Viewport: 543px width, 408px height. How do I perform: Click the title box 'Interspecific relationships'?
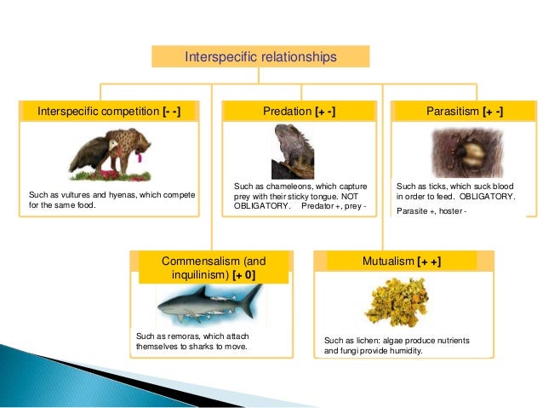click(x=260, y=57)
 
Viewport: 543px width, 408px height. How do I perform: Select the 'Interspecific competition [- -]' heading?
click(x=109, y=112)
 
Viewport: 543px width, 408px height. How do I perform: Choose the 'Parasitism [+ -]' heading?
click(x=464, y=112)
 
